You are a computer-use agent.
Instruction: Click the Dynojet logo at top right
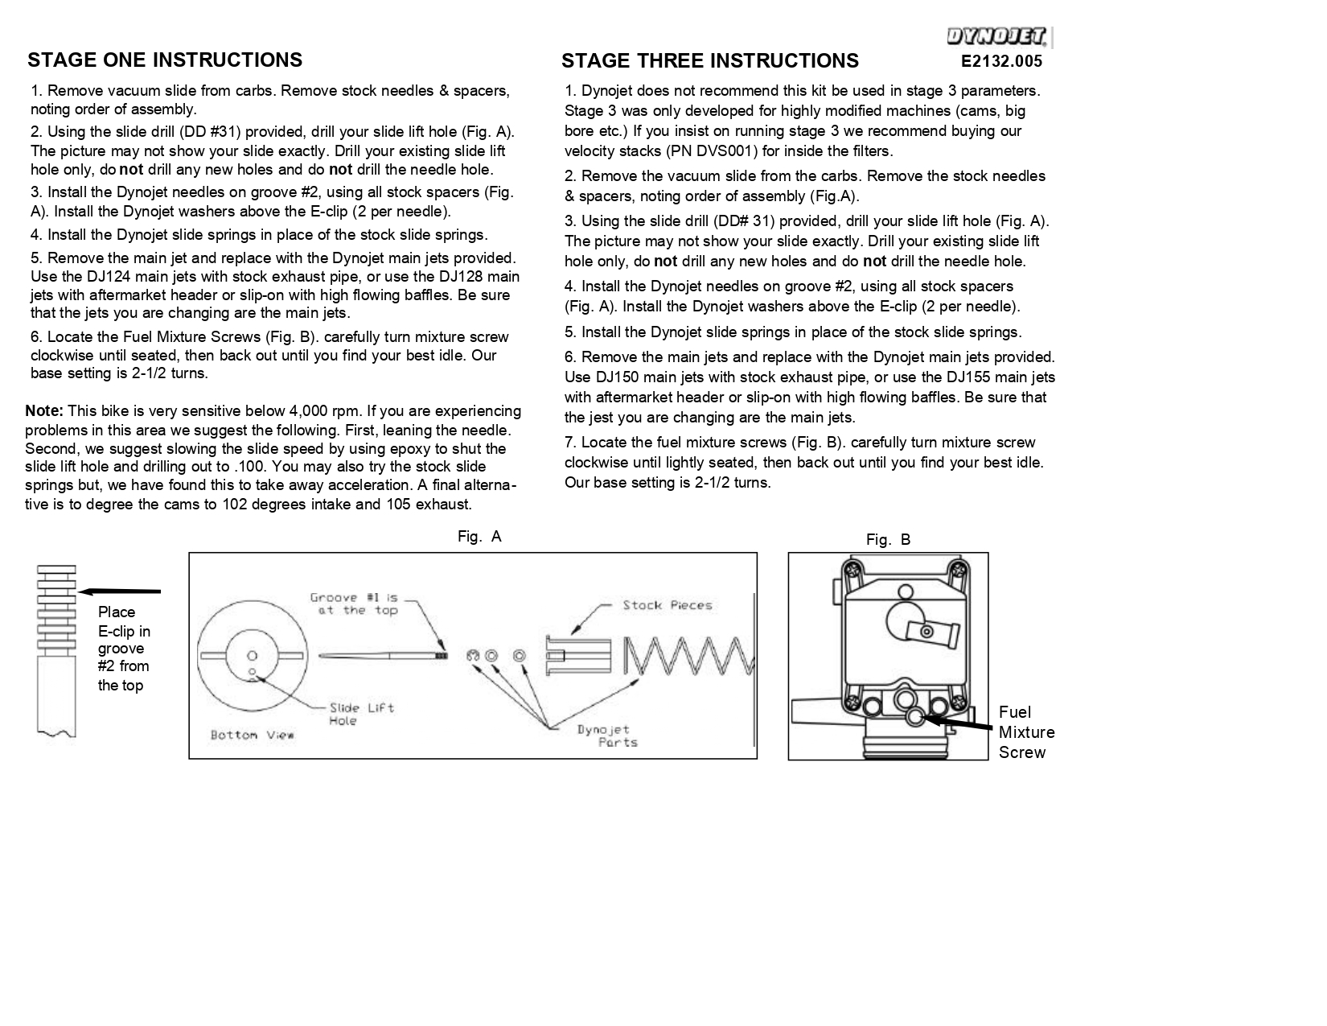[997, 37]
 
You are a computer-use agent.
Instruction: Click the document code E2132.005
[1001, 61]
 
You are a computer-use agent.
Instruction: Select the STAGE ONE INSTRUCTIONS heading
[165, 60]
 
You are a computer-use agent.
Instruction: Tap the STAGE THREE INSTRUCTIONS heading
[709, 61]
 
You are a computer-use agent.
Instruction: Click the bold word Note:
[44, 411]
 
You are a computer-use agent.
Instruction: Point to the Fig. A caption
[479, 537]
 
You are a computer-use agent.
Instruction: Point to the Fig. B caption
[888, 540]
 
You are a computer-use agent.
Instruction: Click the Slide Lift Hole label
[361, 714]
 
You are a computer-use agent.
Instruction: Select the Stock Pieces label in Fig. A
[667, 605]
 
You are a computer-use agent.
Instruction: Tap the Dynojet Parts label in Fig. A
[608, 736]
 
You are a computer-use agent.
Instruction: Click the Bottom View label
[252, 735]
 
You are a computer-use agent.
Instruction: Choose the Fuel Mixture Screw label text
[1026, 732]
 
